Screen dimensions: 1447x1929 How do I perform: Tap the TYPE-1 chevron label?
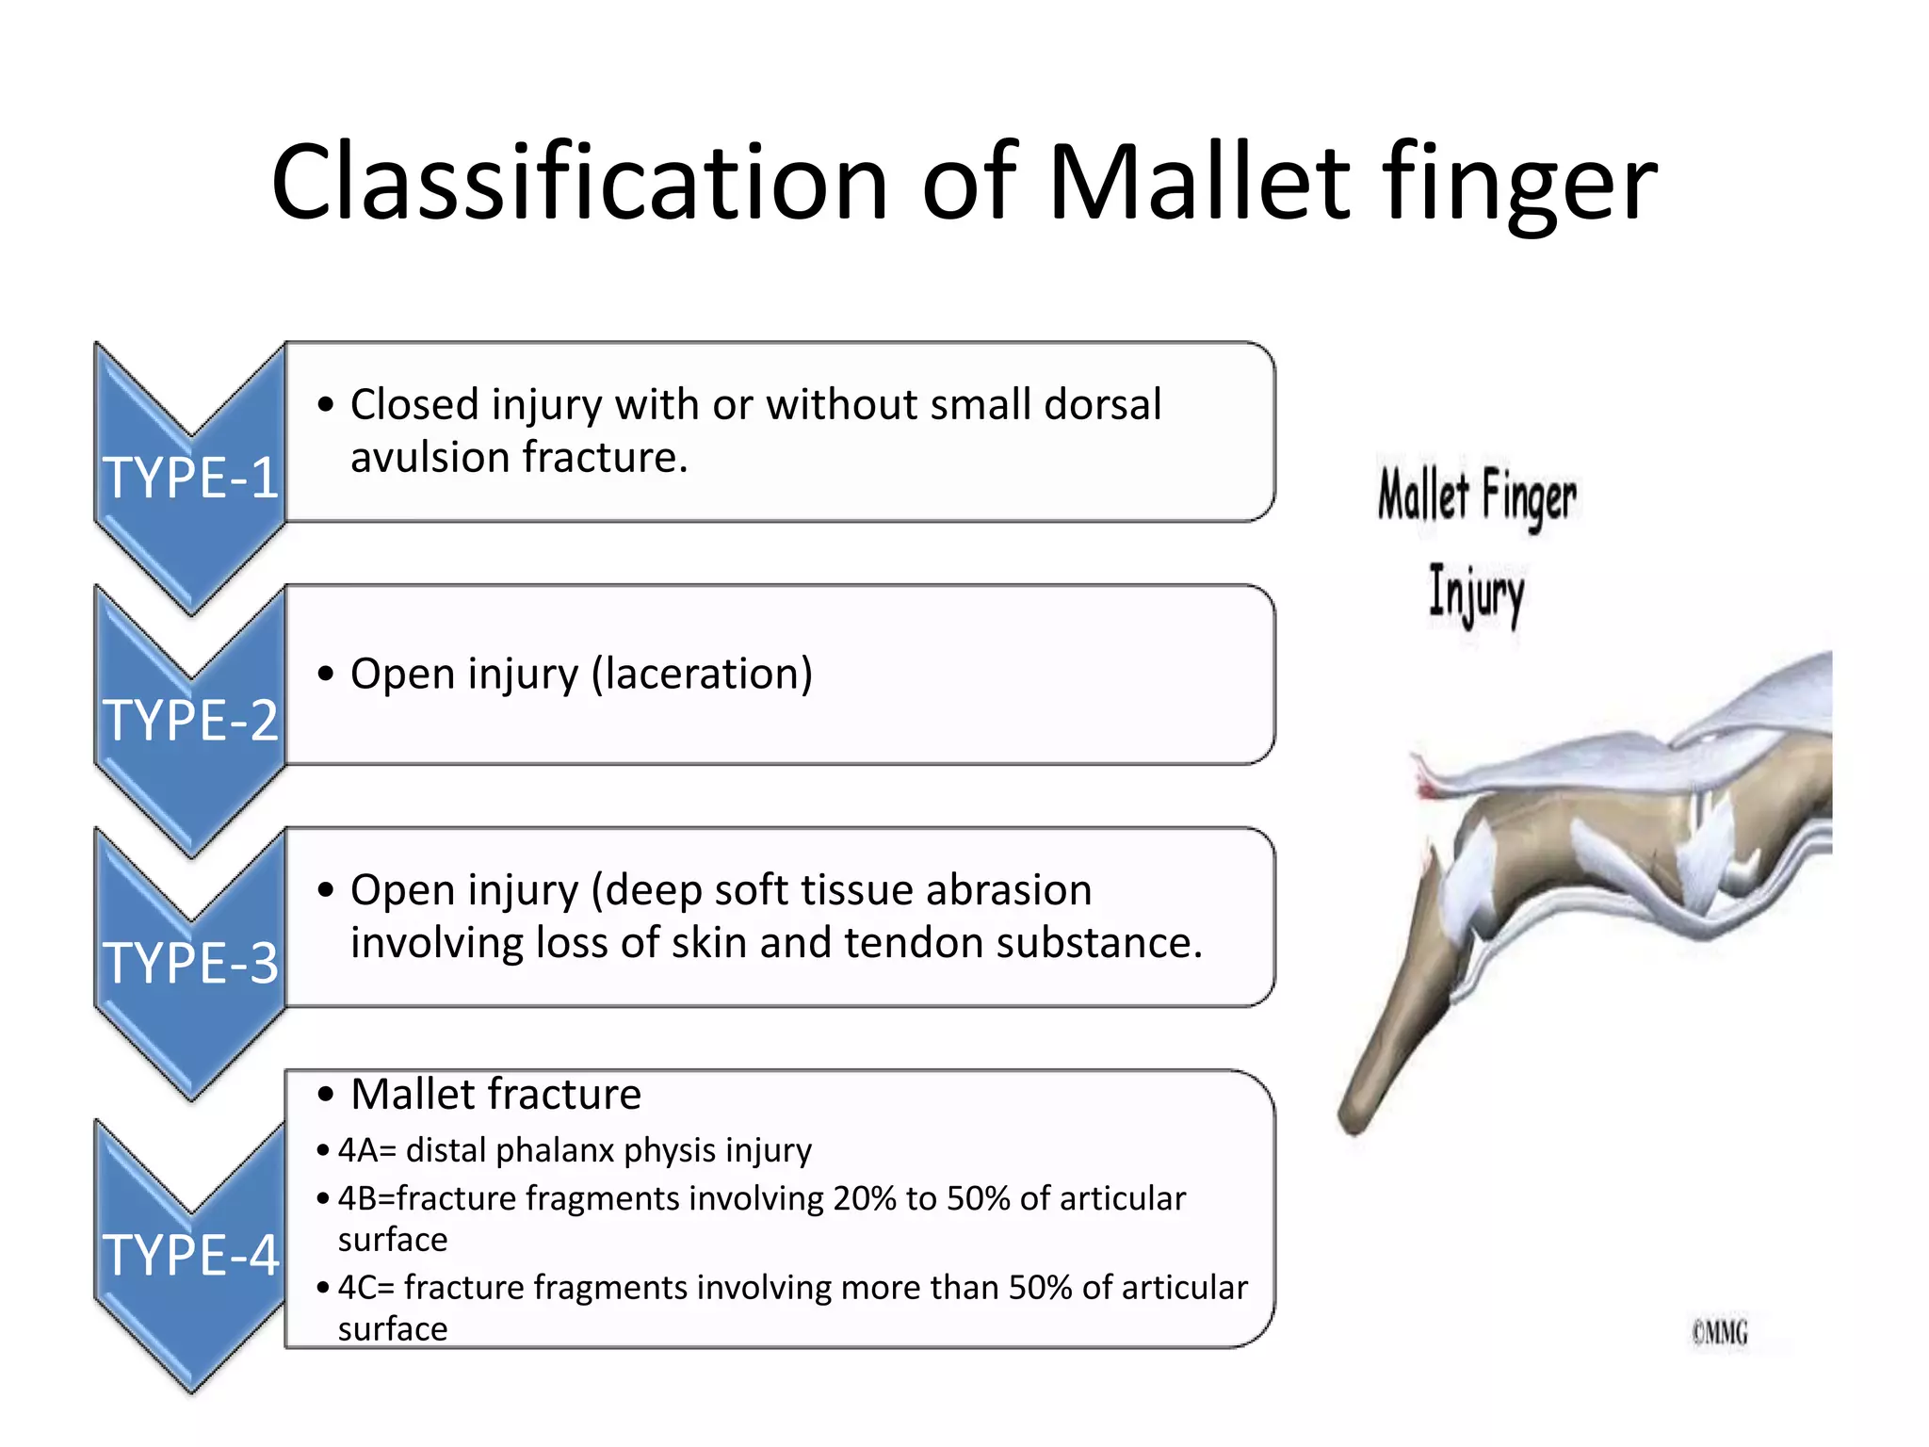(x=190, y=478)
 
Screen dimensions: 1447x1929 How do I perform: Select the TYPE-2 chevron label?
(x=190, y=721)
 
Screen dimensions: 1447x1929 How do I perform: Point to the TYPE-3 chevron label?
(x=190, y=963)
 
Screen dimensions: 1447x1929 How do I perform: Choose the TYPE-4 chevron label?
(x=190, y=1255)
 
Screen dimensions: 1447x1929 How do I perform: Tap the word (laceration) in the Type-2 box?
(x=702, y=675)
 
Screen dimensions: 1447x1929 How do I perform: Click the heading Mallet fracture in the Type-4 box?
(x=495, y=1095)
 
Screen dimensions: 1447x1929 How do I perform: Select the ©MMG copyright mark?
(x=1719, y=1333)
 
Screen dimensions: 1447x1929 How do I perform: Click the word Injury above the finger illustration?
(x=1476, y=593)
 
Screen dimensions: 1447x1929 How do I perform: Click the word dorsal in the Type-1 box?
(x=1102, y=405)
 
